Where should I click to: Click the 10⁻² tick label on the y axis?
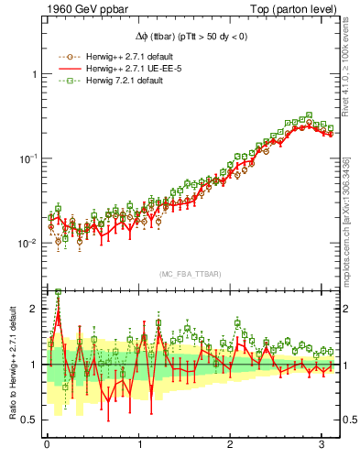(x=28, y=244)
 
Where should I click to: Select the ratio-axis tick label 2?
(x=33, y=309)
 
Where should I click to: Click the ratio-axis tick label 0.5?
(x=28, y=420)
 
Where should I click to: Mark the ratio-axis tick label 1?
(x=33, y=365)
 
